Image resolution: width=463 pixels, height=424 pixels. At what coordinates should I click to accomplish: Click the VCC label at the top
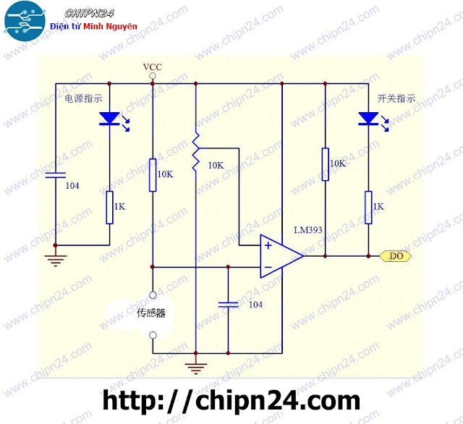[152, 68]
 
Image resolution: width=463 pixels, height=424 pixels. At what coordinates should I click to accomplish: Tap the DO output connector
[395, 256]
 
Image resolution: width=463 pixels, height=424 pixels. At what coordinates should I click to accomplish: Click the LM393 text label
[307, 230]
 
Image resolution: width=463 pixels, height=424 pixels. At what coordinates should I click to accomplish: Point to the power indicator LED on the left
[109, 117]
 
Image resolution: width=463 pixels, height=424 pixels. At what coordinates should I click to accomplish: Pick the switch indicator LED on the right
[368, 117]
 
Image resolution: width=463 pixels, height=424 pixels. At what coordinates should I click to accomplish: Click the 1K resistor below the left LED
[109, 207]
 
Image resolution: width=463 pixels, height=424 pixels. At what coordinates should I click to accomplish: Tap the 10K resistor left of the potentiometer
[153, 174]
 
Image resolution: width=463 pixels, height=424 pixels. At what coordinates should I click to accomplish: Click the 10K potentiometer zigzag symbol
[195, 153]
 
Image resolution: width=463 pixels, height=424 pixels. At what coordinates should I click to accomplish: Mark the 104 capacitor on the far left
[56, 175]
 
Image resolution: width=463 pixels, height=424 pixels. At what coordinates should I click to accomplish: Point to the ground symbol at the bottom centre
[195, 368]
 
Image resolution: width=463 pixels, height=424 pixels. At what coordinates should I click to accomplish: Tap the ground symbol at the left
[56, 258]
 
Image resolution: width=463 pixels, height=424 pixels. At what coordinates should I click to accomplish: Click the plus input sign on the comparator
[268, 245]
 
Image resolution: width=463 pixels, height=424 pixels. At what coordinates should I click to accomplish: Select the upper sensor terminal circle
[153, 294]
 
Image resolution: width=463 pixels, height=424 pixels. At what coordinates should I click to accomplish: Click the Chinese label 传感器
[152, 313]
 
